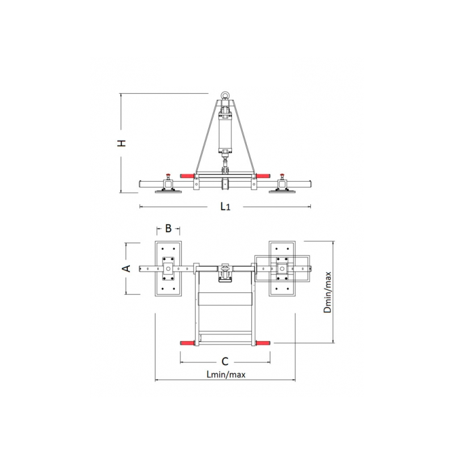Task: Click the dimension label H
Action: click(x=122, y=143)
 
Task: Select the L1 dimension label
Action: click(x=225, y=207)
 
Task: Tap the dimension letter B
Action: click(x=168, y=229)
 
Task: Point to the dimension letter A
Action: click(x=127, y=268)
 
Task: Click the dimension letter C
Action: click(x=225, y=361)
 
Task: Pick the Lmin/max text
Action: click(x=226, y=375)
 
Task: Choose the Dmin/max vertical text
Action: click(x=327, y=292)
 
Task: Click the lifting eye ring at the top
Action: click(x=225, y=95)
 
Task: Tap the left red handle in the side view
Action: click(x=187, y=176)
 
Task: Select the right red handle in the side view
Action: click(x=263, y=176)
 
